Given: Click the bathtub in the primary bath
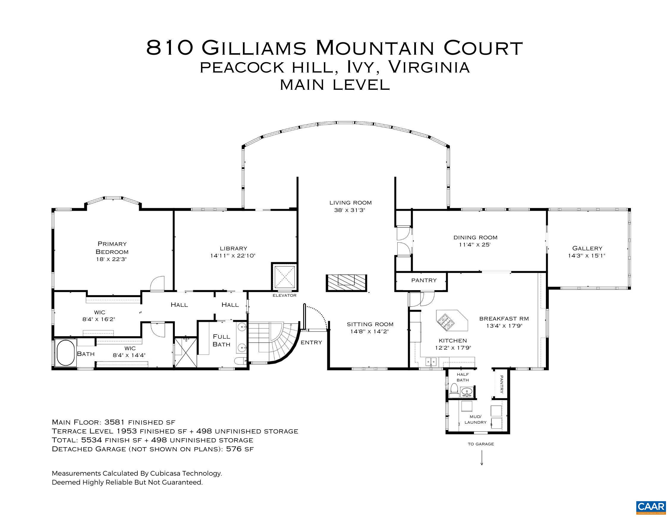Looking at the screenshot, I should [x=65, y=353].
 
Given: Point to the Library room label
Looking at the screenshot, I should [x=233, y=249].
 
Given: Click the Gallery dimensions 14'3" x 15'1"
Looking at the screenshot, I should [x=587, y=256].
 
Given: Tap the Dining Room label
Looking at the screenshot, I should [x=475, y=237].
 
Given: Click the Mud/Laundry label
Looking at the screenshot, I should [x=475, y=419].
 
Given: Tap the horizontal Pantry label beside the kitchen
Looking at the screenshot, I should [x=424, y=280].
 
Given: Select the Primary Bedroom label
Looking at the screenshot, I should [x=112, y=248].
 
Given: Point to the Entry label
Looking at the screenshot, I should [x=311, y=342].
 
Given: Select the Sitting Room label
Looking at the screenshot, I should [x=370, y=324].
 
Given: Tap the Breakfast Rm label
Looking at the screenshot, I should [x=504, y=318].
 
